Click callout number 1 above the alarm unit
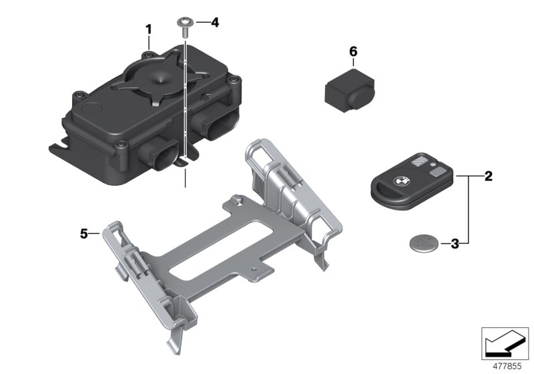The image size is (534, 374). coord(148,29)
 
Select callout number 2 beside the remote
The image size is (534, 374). coord(488,176)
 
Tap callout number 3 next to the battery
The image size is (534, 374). coord(455,244)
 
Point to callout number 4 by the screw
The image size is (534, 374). coord(214,23)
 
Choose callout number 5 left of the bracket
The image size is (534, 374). coord(84,234)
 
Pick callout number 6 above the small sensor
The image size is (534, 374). coord(353,52)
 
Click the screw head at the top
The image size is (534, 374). coord(186,23)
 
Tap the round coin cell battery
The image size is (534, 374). coord(424,243)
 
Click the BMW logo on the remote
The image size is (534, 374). coord(400,181)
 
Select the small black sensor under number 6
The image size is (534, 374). coord(349,90)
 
